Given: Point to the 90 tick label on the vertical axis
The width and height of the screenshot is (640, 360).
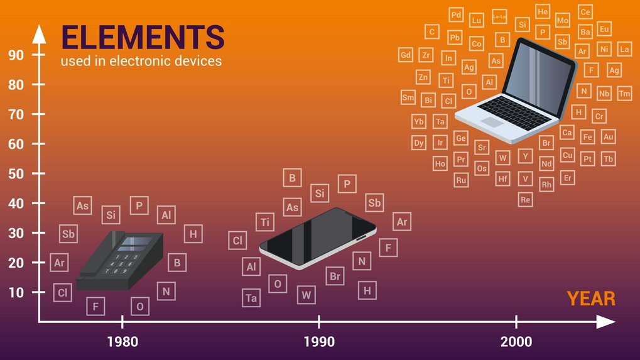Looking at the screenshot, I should tap(16, 55).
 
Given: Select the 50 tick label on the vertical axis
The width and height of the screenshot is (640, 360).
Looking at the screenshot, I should tap(16, 173).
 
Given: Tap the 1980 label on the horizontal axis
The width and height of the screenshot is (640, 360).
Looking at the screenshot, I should tap(122, 342).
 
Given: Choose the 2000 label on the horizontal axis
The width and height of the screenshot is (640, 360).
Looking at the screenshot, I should tap(516, 342).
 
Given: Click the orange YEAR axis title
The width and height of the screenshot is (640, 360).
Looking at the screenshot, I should tap(591, 298).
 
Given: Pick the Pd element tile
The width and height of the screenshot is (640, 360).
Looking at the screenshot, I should tap(457, 15).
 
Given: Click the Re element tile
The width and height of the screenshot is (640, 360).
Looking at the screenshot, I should tap(526, 200).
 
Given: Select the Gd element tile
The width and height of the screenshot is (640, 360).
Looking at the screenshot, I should tap(406, 55).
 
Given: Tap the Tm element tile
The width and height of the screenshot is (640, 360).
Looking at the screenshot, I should tap(624, 94).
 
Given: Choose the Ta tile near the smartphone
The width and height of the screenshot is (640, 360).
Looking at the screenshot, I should tap(251, 298).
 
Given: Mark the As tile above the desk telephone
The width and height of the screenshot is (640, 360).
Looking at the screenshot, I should tap(82, 205).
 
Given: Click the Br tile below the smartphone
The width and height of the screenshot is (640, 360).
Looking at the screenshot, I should tap(335, 276).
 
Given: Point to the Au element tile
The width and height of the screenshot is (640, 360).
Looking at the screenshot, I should tap(608, 136).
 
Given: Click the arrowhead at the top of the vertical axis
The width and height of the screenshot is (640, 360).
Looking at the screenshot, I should tap(39, 31).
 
